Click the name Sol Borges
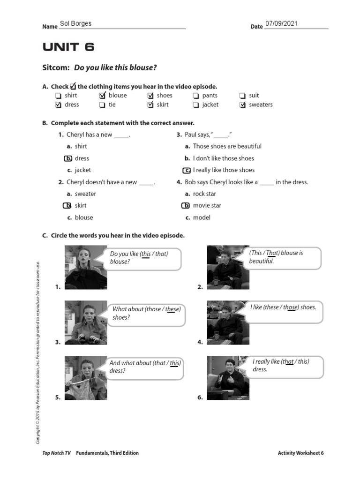pos(75,24)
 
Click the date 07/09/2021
pos(281,23)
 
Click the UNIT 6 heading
pos(68,47)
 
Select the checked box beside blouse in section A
pos(102,96)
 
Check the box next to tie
pos(102,105)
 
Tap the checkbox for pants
pos(196,96)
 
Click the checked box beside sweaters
pos(242,105)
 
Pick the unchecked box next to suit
pos(242,96)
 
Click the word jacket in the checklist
pos(210,105)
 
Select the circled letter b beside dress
pos(68,158)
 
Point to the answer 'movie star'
pos(207,205)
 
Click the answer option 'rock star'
pos(204,194)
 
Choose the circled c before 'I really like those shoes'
pos(187,170)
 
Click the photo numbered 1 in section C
pos(86,267)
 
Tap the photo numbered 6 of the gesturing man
pos(228,378)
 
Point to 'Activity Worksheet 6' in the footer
pos(300,453)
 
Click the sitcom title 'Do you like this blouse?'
pos(115,68)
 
